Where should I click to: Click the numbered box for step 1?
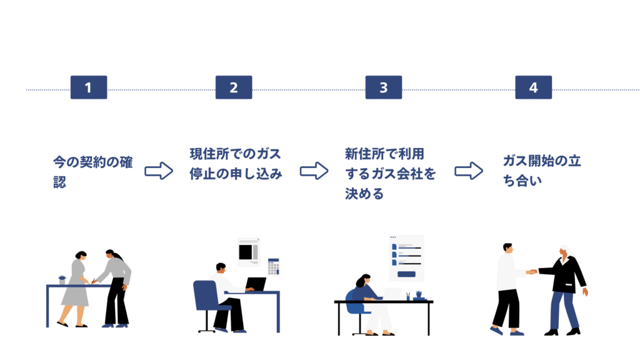tap(88, 87)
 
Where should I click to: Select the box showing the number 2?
tap(234, 87)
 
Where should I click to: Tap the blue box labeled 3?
tap(383, 87)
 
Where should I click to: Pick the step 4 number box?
tap(533, 87)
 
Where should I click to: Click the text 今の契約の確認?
tap(93, 170)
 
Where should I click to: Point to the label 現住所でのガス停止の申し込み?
tap(236, 163)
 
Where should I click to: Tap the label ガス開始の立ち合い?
tap(542, 170)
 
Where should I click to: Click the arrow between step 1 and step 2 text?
tap(159, 171)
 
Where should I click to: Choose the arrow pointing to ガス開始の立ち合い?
tap(469, 171)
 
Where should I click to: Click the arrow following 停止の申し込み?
tap(314, 171)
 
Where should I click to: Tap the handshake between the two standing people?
tap(532, 272)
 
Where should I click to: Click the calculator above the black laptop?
tap(273, 266)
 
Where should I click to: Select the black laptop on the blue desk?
tap(256, 284)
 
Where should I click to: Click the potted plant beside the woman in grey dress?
tap(62, 280)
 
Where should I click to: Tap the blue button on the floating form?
tap(406, 274)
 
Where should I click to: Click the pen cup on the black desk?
tap(407, 296)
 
